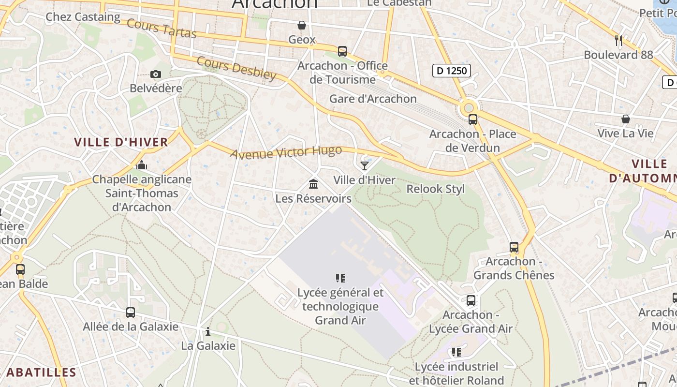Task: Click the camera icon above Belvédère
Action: [155, 74]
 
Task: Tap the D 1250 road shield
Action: [451, 71]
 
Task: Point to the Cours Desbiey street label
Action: [236, 68]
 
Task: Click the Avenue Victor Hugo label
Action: [286, 152]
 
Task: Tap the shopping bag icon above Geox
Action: [302, 25]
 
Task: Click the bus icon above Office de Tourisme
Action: [342, 51]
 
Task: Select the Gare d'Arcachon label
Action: [373, 99]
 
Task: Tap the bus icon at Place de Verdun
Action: [473, 119]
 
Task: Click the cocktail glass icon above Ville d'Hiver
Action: [365, 166]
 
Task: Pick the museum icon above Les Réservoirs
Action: [313, 184]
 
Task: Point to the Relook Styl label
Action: [435, 189]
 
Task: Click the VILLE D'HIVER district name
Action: [121, 142]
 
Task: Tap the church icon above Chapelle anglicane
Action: [142, 165]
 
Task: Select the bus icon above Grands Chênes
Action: [514, 247]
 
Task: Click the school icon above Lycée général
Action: [340, 278]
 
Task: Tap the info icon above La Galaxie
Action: [208, 331]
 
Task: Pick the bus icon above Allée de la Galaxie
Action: [131, 313]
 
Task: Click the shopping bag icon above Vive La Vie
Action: [625, 119]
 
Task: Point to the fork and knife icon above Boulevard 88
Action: [618, 40]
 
